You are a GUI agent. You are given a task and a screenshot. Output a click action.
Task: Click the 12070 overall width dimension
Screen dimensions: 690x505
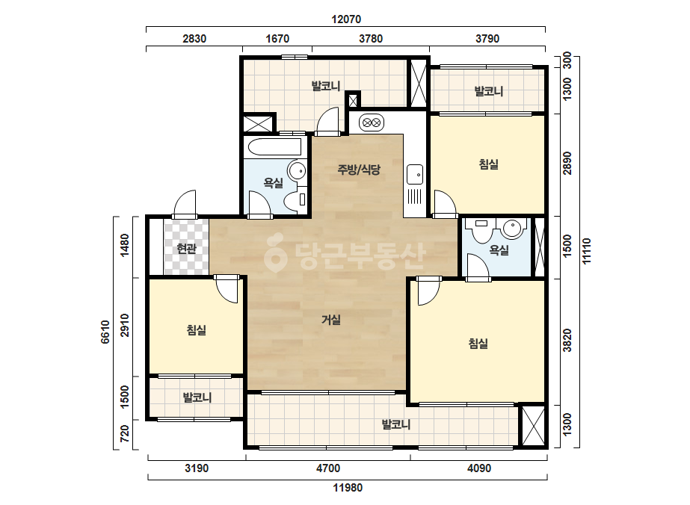(346, 19)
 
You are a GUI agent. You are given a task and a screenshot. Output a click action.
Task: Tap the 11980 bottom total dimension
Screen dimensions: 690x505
(348, 487)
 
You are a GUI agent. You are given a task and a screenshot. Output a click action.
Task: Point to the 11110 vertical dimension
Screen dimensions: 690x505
(587, 251)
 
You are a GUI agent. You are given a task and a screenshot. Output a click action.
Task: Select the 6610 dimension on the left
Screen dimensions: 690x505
(105, 332)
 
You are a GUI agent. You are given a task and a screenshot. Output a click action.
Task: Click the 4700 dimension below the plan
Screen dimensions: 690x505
(328, 468)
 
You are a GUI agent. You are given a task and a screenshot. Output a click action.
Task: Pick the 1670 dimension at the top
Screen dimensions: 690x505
(277, 39)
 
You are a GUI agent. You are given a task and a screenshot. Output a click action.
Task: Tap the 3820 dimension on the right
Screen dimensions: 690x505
(567, 340)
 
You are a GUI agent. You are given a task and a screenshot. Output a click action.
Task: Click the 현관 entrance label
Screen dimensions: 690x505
(186, 249)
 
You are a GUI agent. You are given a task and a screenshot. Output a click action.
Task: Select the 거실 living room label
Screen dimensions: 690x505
(331, 320)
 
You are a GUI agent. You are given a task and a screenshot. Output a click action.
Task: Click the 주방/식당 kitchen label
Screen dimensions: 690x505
(359, 170)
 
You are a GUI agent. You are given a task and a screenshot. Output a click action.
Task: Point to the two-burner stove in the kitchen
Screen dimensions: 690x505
(372, 123)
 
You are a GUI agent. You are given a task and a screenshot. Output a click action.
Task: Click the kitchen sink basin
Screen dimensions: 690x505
(415, 174)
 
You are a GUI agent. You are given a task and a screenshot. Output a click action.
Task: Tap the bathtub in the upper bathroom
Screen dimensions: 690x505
(274, 147)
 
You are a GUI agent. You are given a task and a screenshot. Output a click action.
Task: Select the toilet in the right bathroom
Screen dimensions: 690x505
(482, 230)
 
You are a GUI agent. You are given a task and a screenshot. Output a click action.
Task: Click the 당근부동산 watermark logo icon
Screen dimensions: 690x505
(275, 252)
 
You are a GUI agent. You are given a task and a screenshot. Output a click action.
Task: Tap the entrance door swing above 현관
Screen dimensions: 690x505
(185, 204)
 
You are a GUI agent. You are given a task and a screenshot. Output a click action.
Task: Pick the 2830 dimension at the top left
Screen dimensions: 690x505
(194, 39)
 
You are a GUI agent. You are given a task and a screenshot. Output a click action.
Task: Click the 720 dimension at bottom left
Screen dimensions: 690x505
(125, 434)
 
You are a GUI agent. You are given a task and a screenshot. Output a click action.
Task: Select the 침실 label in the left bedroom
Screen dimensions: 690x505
(197, 329)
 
